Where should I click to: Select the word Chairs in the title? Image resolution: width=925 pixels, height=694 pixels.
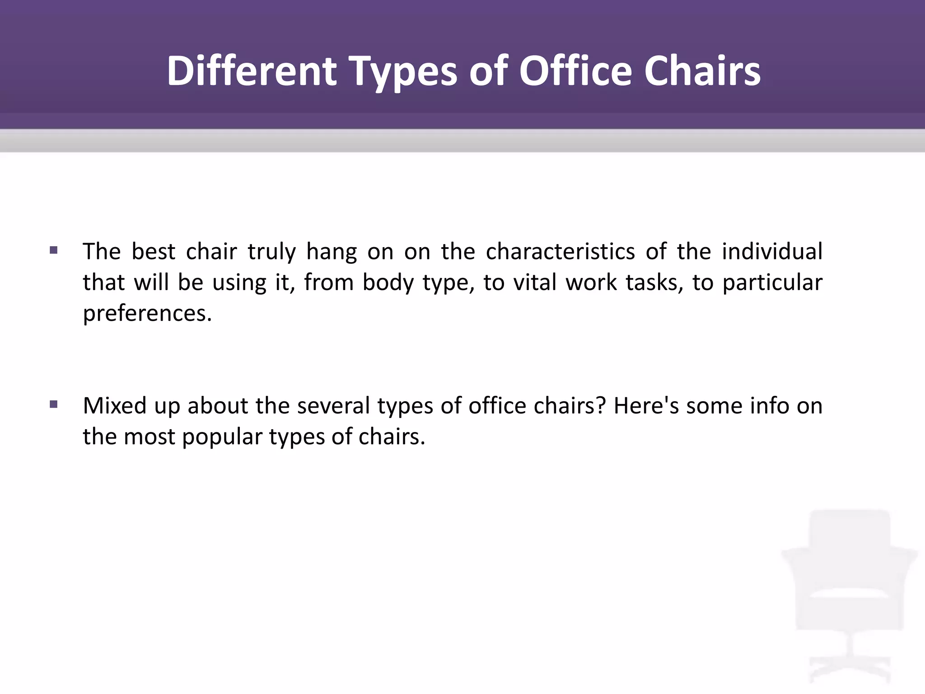coord(702,71)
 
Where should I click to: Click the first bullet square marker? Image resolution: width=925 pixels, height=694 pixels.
coord(54,250)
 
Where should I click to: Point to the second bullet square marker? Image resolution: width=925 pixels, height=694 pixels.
coord(54,404)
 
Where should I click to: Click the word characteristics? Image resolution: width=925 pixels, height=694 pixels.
coord(560,251)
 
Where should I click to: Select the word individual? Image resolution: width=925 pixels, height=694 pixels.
coord(772,251)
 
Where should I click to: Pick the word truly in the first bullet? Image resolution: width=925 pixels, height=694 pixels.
coord(271,252)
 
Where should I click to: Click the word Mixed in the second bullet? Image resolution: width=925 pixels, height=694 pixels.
coord(115,406)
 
